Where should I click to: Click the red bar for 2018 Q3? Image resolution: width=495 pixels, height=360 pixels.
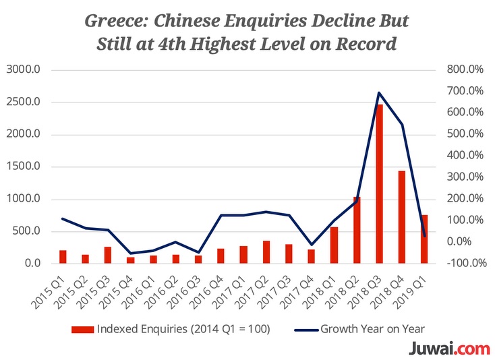point(379,183)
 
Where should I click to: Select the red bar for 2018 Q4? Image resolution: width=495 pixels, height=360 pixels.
point(401,217)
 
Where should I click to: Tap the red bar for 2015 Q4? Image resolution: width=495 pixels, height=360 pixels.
point(130,260)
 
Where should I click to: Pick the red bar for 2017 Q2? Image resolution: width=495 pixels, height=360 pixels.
point(266,252)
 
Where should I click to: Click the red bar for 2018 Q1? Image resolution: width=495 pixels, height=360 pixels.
point(334,245)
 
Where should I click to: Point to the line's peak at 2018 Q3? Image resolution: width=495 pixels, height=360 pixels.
point(379,92)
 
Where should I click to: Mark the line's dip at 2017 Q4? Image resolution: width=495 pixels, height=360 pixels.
point(312,245)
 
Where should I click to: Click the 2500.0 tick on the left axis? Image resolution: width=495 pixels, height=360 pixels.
point(24,102)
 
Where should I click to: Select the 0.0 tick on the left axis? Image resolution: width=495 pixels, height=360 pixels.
point(33,263)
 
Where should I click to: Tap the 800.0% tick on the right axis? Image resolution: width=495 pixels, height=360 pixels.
point(465,69)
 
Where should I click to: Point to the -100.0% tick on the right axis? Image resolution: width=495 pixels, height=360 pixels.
point(467,263)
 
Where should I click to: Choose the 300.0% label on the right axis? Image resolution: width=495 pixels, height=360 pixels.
point(465,177)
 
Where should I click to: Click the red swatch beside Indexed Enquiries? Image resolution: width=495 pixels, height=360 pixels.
point(82,330)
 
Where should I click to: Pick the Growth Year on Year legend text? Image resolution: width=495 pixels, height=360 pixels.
point(372,329)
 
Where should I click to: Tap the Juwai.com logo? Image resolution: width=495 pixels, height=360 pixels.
point(449,349)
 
